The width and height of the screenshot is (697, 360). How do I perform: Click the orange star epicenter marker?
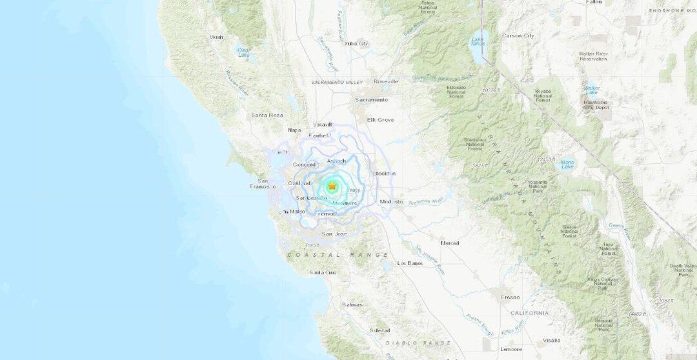(x=332, y=186)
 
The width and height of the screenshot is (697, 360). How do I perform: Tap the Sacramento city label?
(x=371, y=100)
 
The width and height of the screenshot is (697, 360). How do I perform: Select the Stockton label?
(x=384, y=174)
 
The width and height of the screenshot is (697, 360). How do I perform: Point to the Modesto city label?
(x=391, y=202)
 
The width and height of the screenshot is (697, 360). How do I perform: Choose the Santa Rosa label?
(x=267, y=115)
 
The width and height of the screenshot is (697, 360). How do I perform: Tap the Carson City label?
(x=518, y=35)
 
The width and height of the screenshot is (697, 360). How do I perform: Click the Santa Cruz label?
(x=323, y=272)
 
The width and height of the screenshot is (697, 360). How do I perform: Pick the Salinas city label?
(x=352, y=305)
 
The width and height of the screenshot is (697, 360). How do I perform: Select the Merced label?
(x=450, y=243)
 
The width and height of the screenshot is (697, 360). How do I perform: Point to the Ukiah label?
(x=216, y=37)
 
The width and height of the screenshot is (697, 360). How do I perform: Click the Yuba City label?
(x=356, y=44)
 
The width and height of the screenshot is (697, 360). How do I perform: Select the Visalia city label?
(x=552, y=340)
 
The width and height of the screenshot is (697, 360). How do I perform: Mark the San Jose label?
(x=334, y=234)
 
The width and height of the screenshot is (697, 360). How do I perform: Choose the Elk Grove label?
(x=380, y=119)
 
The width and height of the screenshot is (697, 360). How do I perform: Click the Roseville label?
(x=386, y=82)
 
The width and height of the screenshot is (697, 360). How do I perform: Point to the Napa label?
(x=294, y=130)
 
